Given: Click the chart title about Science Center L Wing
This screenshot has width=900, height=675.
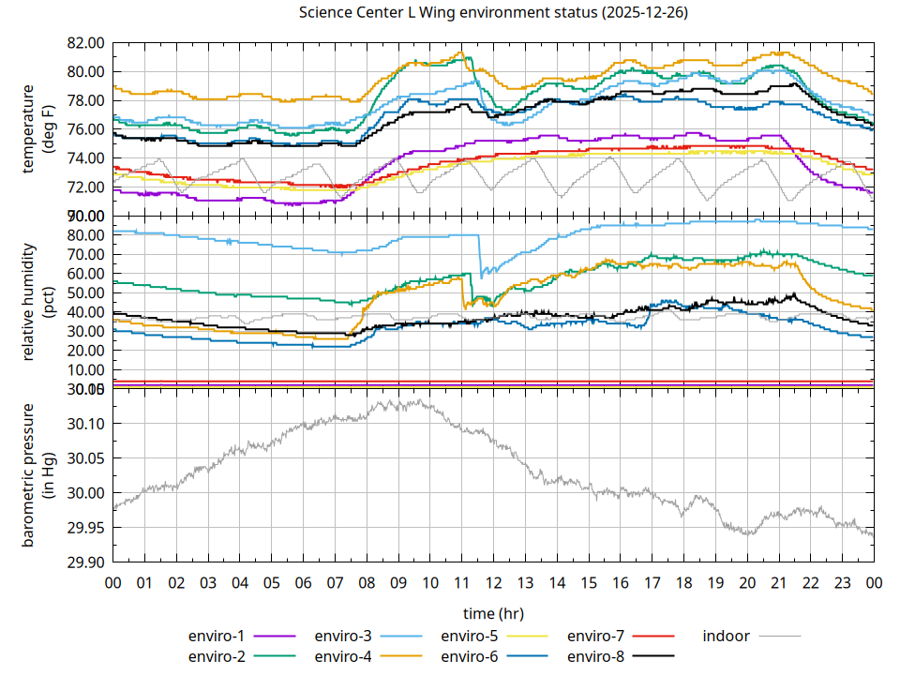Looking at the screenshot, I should [x=492, y=13].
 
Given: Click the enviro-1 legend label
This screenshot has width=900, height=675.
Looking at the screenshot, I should [x=217, y=636].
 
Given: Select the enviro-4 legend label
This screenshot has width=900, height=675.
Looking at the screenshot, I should [x=344, y=655].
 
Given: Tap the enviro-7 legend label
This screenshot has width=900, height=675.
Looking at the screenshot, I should [x=597, y=636].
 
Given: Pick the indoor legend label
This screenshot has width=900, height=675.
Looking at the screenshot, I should [x=727, y=636].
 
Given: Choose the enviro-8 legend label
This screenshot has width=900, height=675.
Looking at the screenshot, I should [x=597, y=655].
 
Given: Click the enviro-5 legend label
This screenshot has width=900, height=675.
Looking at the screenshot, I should [x=471, y=636].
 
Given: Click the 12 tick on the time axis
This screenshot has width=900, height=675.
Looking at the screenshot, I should [x=494, y=582].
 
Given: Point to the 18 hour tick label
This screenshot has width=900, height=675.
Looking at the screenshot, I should [x=684, y=582].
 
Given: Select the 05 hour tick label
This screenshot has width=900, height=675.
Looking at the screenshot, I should [x=272, y=582].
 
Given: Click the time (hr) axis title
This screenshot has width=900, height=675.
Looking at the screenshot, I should [x=493, y=613].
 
